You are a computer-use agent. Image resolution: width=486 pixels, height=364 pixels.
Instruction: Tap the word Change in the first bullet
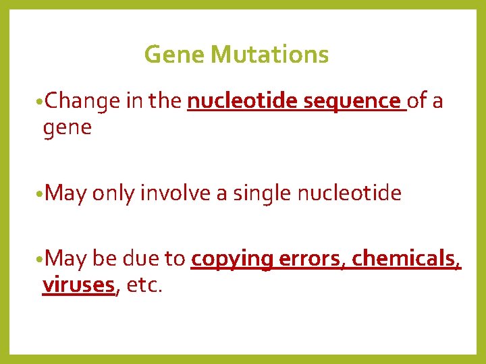tap(83, 102)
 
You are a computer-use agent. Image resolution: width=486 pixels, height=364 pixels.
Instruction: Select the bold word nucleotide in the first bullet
tap(243, 101)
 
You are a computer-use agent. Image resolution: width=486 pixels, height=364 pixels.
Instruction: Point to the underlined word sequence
tap(352, 102)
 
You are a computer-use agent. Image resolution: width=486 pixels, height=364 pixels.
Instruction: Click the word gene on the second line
tap(67, 127)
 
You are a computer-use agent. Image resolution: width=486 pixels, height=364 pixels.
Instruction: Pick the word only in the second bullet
tap(113, 194)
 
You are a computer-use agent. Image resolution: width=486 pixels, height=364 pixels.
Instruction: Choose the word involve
tap(175, 194)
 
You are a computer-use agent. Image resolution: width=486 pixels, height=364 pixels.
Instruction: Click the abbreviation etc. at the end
tap(143, 285)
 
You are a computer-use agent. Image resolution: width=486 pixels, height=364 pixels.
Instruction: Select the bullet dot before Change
tap(41, 102)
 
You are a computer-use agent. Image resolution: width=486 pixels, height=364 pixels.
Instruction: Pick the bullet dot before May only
tap(41, 195)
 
